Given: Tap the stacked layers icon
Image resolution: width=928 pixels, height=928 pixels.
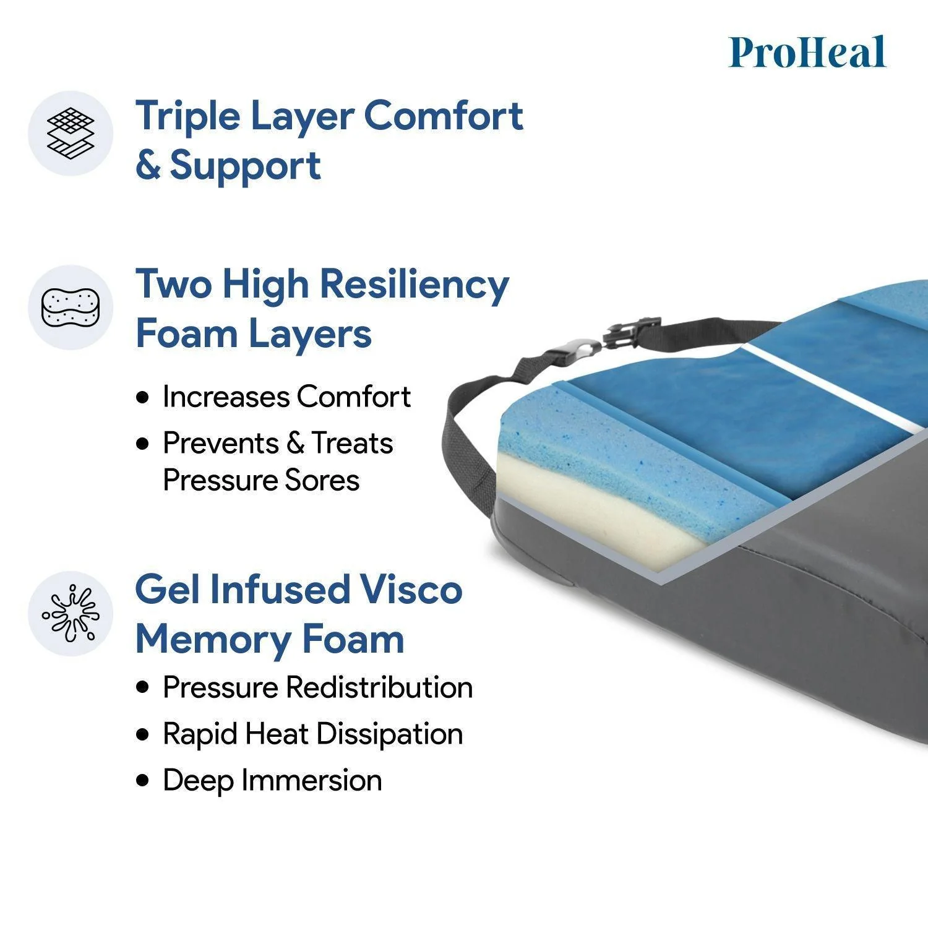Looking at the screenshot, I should coord(71,133).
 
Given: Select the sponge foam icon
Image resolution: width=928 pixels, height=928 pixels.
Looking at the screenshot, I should coord(71,307).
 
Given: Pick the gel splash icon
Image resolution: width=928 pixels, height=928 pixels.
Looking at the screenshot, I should coord(71,613).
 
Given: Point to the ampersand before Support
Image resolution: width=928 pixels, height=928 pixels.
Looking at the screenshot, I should coord(148,166).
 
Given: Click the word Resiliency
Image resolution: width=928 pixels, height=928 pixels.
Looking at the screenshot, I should coord(414,285).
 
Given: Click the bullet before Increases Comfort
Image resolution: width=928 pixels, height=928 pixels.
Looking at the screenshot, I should coord(144,397).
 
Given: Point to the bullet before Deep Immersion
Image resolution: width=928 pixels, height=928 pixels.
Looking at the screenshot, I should coord(144,780).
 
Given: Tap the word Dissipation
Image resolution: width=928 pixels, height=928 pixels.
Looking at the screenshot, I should coord(389,734).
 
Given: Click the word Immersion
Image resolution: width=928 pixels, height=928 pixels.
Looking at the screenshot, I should coord(312,780).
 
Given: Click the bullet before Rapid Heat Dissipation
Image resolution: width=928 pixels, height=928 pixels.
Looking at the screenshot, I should coord(144,734).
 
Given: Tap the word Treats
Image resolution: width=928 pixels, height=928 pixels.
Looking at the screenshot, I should coord(351,444).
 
